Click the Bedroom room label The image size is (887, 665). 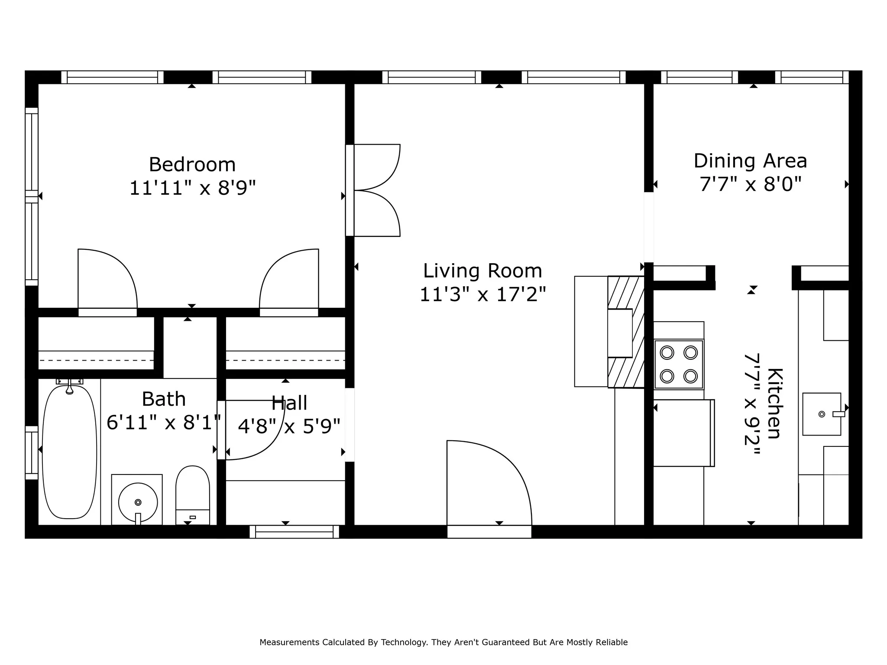[x=192, y=165]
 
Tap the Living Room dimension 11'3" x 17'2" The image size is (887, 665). [x=483, y=294]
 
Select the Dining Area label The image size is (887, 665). [x=751, y=161]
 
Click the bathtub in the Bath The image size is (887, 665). [x=69, y=452]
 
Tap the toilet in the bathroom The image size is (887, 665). [x=193, y=495]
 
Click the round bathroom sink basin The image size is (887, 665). [x=138, y=502]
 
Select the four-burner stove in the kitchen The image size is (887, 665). [x=679, y=364]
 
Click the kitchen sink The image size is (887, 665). [x=822, y=414]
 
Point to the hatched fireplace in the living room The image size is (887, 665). [x=626, y=332]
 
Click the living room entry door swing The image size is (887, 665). [x=489, y=483]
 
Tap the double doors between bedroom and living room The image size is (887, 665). [x=373, y=190]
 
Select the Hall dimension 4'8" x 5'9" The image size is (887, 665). [x=289, y=426]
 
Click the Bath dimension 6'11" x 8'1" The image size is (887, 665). [x=164, y=422]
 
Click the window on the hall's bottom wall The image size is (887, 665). [x=295, y=532]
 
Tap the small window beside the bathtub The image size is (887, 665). [x=32, y=452]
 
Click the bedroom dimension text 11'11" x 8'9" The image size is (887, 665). [x=193, y=188]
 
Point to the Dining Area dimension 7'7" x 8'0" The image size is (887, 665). [x=751, y=184]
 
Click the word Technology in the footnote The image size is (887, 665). [x=404, y=642]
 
